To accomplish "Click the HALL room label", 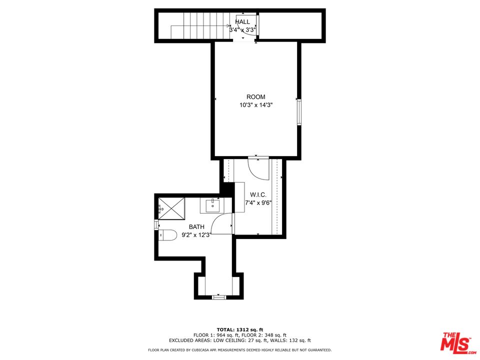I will point(242,22).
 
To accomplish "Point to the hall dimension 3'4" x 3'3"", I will point(242,29).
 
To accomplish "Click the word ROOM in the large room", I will point(256,97).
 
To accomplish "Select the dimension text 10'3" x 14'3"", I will point(256,105).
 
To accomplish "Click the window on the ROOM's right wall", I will point(299,111).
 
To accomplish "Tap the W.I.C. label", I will point(258,195).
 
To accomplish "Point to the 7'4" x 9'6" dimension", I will point(258,203).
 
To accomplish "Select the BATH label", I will point(196,227).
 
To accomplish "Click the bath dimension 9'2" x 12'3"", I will point(196,234).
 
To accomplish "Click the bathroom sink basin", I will point(213,205).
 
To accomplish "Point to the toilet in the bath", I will point(167,234).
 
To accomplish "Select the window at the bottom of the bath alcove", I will point(219,297).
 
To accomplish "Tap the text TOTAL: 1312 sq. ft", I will point(239,329).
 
